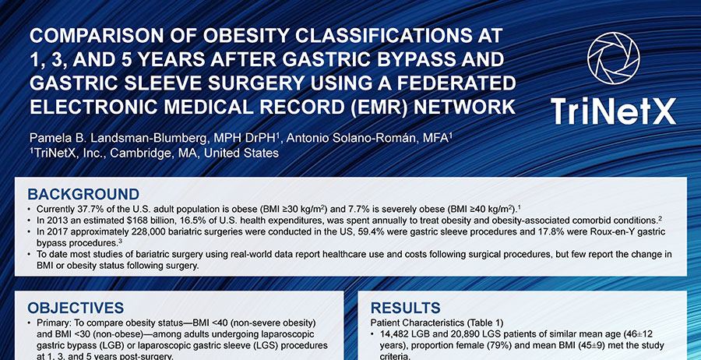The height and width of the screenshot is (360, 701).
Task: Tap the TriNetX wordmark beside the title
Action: point(614,111)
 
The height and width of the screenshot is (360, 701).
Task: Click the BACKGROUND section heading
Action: point(83,195)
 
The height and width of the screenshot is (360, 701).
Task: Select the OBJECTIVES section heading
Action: point(76,308)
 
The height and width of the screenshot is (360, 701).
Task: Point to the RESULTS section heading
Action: point(406,308)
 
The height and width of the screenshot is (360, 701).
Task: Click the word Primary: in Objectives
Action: point(52,323)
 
